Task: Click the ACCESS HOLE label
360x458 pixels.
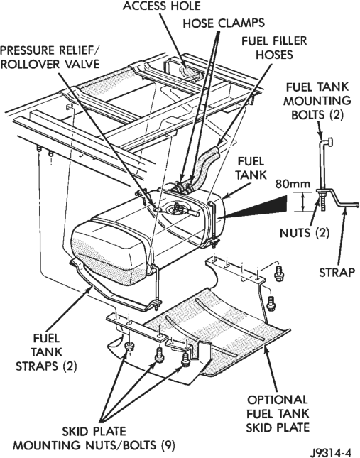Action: pos(161,6)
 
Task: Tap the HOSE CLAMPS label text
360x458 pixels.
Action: pos(224,23)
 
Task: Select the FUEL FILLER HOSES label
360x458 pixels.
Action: pos(274,48)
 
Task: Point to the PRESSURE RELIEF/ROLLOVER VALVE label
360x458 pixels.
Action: pos(50,58)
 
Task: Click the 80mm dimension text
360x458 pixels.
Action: pos(293,185)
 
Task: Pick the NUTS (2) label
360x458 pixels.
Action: pos(305,233)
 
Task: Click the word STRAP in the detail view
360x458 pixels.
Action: pos(337,272)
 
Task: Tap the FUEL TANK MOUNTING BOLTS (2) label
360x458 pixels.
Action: pos(317,101)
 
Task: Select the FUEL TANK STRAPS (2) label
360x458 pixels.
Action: pos(46,352)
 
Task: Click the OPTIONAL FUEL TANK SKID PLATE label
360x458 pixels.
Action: pos(278,413)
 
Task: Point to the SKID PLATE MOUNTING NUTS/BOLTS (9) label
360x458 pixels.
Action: pos(94,438)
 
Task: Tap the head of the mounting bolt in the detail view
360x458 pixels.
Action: pos(330,142)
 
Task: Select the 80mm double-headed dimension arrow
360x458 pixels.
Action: pos(304,202)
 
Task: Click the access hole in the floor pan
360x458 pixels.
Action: pos(187,71)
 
